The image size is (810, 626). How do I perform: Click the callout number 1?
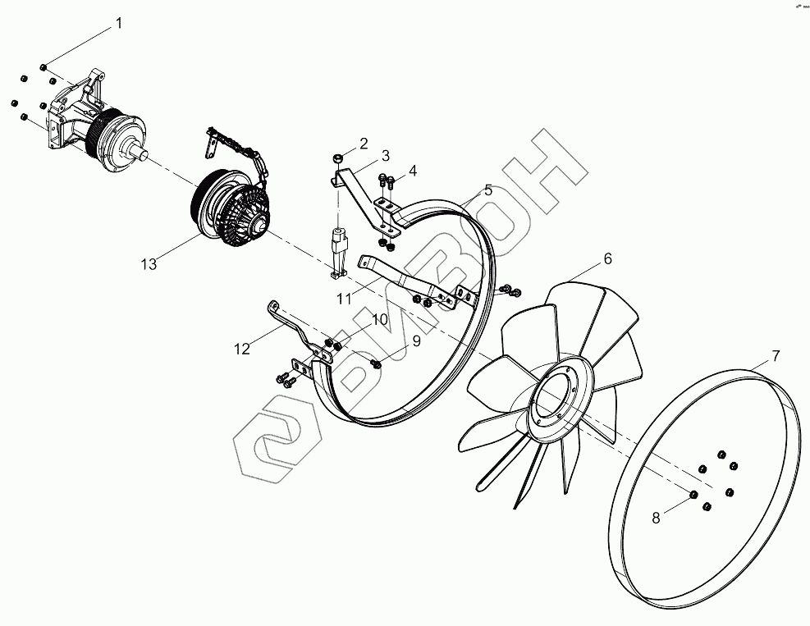tap(118, 24)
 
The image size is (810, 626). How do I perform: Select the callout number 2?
tap(363, 143)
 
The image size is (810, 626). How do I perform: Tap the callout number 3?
tap(385, 155)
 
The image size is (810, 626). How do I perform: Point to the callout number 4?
tap(413, 171)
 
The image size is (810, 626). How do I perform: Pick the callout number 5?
tap(488, 190)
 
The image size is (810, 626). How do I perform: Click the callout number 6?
tap(607, 258)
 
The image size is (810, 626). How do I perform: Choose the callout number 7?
tap(775, 356)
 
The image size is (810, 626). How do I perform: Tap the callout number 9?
tap(416, 340)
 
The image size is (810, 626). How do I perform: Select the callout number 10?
tap(380, 319)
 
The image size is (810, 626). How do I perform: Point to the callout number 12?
tap(241, 349)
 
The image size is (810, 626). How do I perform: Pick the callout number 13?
tap(149, 263)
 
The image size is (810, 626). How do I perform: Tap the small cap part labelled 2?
tap(338, 157)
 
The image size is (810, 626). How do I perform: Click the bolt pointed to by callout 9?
tap(376, 363)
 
